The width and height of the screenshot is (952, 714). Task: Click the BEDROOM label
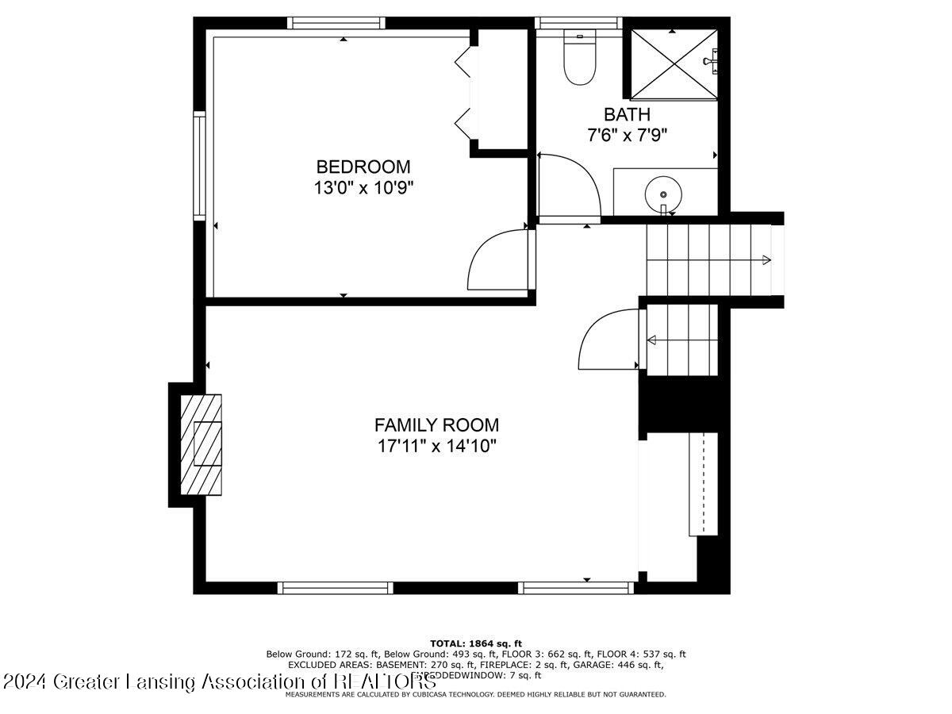click(x=363, y=167)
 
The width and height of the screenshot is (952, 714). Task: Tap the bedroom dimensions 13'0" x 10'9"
click(x=363, y=188)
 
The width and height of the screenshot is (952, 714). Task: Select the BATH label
click(x=627, y=114)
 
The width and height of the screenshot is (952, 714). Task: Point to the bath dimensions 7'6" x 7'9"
click(x=627, y=135)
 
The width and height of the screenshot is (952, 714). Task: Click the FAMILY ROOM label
click(x=436, y=424)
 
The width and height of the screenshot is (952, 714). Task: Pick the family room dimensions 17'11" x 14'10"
click(x=436, y=446)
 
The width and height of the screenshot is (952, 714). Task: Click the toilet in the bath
click(x=579, y=59)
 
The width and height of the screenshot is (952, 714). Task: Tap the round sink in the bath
click(x=661, y=193)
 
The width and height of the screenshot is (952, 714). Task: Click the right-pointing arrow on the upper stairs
click(x=766, y=260)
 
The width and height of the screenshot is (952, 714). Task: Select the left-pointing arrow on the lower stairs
click(x=652, y=341)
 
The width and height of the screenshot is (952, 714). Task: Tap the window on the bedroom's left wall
click(x=200, y=164)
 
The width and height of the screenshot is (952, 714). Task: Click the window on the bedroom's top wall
click(x=339, y=23)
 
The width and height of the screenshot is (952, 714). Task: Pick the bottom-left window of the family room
click(x=336, y=588)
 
